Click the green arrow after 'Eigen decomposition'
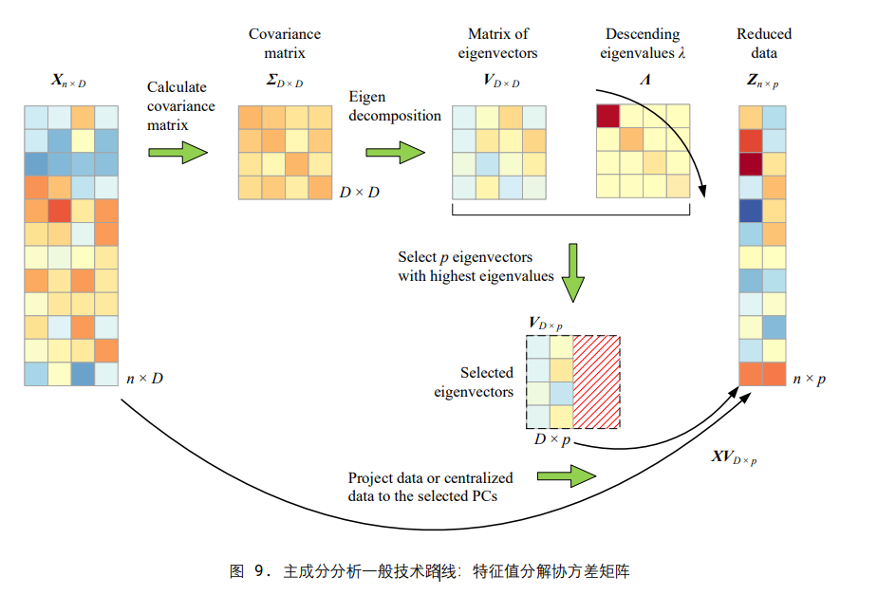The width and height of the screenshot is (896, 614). [x=395, y=152]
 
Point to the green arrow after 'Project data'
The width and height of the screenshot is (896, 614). [x=569, y=476]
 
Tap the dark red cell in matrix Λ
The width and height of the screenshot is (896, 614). [x=607, y=116]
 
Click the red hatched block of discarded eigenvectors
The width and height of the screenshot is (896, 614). [x=596, y=381]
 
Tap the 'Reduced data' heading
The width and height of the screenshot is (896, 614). [x=763, y=44]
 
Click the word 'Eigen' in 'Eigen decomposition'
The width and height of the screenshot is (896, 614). [x=367, y=98]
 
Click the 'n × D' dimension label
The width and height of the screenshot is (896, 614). [x=145, y=379]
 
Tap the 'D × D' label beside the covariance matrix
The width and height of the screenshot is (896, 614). [x=360, y=193]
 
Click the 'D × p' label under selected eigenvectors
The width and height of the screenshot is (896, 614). [x=552, y=439]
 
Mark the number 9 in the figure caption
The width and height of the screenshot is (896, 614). [x=263, y=571]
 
